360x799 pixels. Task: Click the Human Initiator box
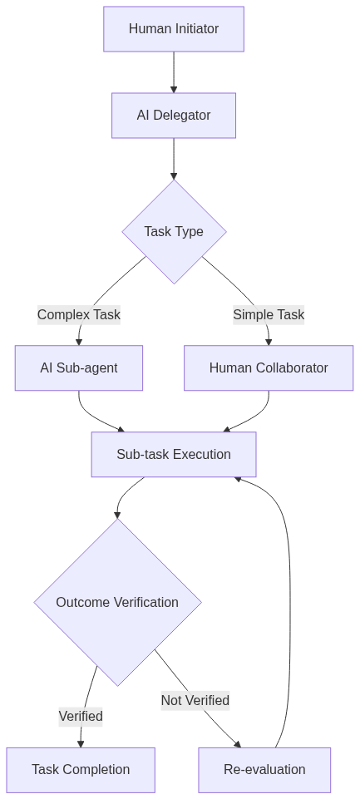[x=174, y=29]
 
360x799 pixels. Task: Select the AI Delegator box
[x=174, y=116]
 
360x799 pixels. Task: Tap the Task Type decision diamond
[x=174, y=232]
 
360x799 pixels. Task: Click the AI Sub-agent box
[x=79, y=368]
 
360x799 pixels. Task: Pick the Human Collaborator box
[x=269, y=368]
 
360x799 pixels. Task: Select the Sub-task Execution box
[x=174, y=455]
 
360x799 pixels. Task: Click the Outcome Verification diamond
[x=117, y=603]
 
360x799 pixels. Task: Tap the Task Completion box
[x=81, y=770]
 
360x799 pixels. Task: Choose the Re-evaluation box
[x=264, y=770]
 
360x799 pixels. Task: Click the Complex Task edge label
[x=79, y=315]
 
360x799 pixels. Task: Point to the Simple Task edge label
[x=269, y=315]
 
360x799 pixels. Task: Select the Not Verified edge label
[x=195, y=701]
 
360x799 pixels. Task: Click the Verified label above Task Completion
[x=81, y=716]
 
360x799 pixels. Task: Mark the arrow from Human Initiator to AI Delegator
[x=174, y=72]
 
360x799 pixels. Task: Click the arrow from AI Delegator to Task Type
[x=174, y=159]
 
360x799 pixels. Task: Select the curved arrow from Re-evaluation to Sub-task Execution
[x=290, y=599]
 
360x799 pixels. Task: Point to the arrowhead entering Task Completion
[x=81, y=743]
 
